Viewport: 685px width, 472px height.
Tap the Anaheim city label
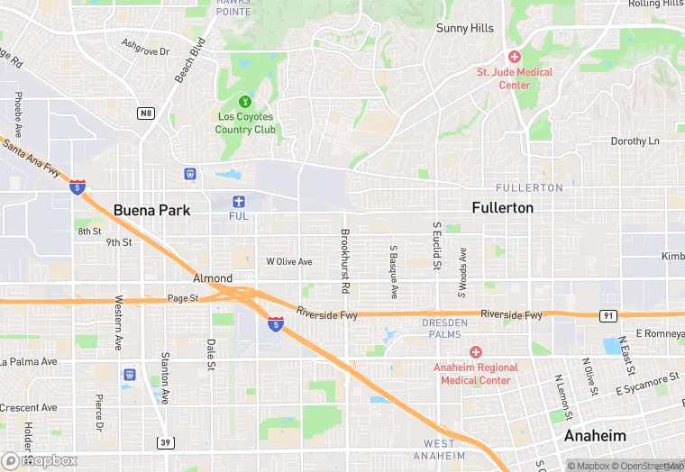coord(595,436)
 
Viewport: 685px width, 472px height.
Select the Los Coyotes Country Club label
coord(245,123)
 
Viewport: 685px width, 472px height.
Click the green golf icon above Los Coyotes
coord(245,102)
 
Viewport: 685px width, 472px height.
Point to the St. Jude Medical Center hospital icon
coord(514,56)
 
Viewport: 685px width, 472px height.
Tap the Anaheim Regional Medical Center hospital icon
coord(476,351)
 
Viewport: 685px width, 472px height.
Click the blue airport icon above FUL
coord(238,201)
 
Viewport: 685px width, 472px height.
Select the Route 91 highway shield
coord(607,315)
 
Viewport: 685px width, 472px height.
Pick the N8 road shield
coord(145,113)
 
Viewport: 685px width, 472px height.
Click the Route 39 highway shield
coord(165,442)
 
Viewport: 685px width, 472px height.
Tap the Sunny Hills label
coord(465,28)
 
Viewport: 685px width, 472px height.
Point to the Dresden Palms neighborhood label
coord(445,328)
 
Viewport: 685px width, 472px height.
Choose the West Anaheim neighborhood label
coord(440,449)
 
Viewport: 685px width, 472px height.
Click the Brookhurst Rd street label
coord(345,261)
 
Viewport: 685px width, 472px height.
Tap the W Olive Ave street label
coord(289,262)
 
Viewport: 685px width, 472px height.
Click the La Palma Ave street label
coord(29,362)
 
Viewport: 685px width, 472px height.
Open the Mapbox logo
coord(40,460)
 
